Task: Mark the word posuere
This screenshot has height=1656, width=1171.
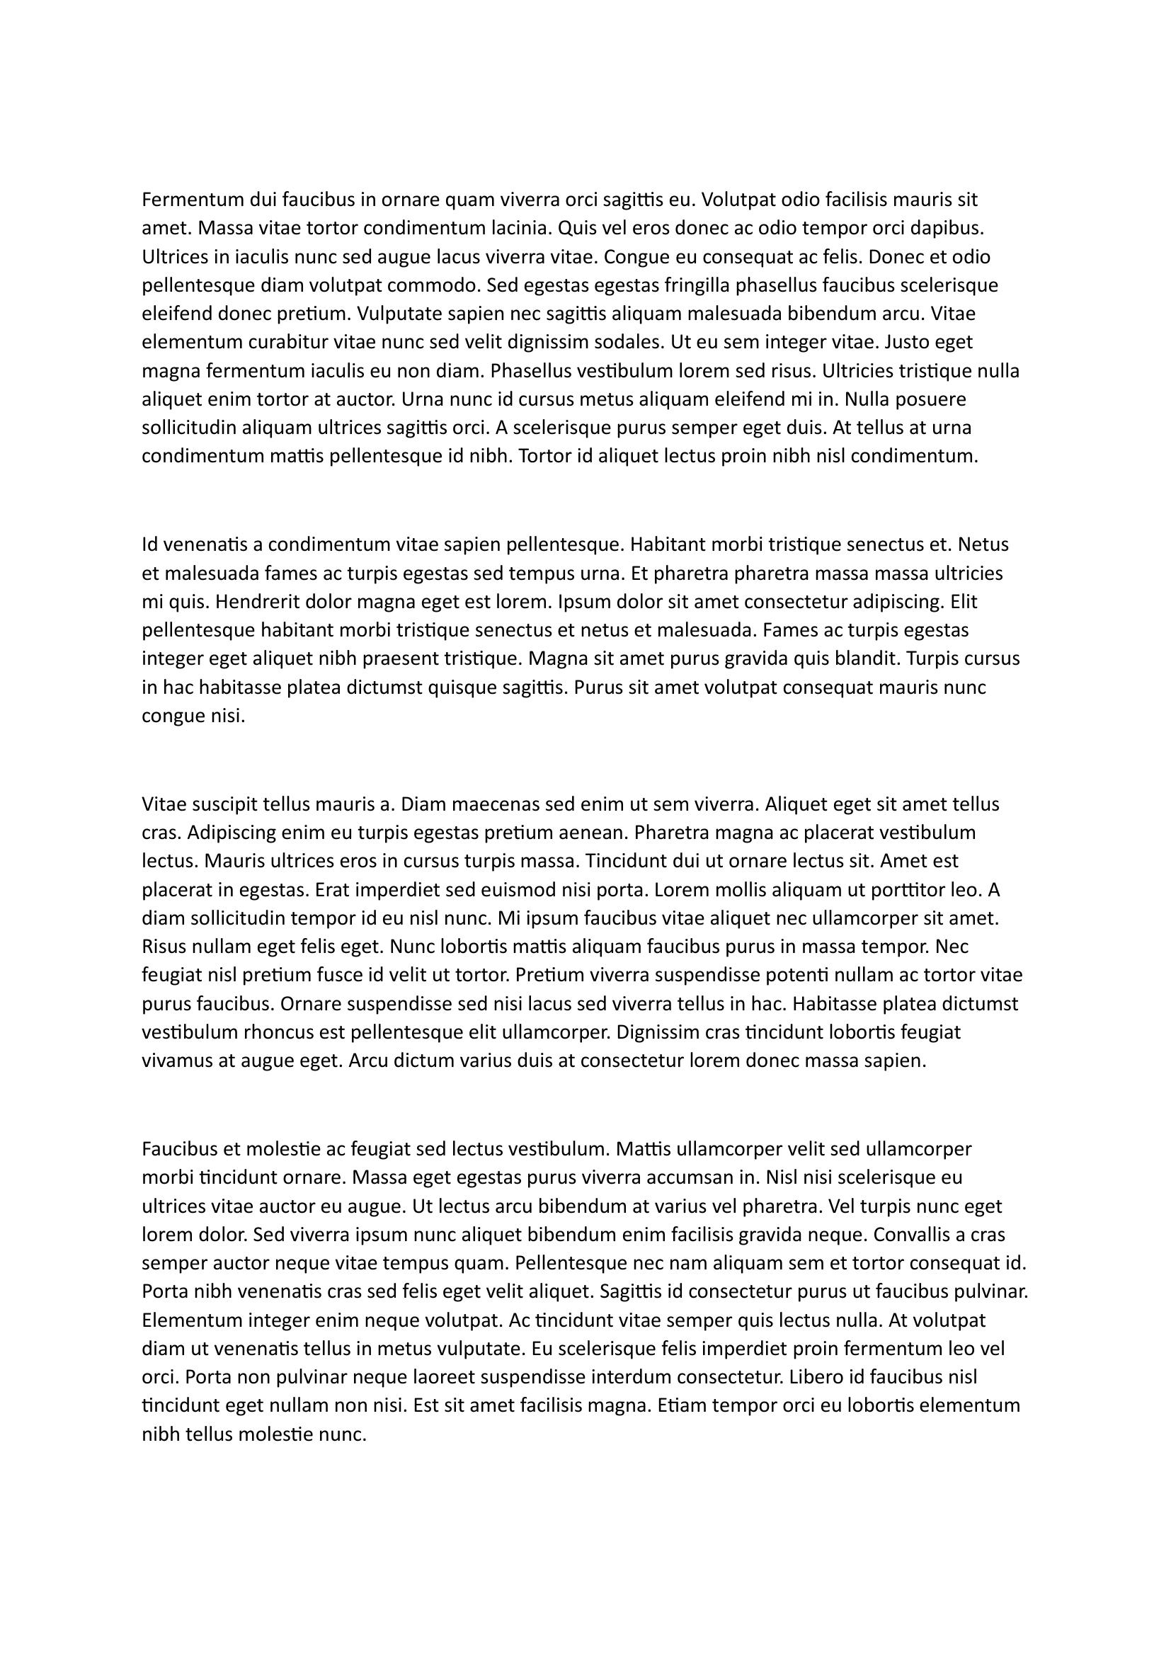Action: pos(953,399)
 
